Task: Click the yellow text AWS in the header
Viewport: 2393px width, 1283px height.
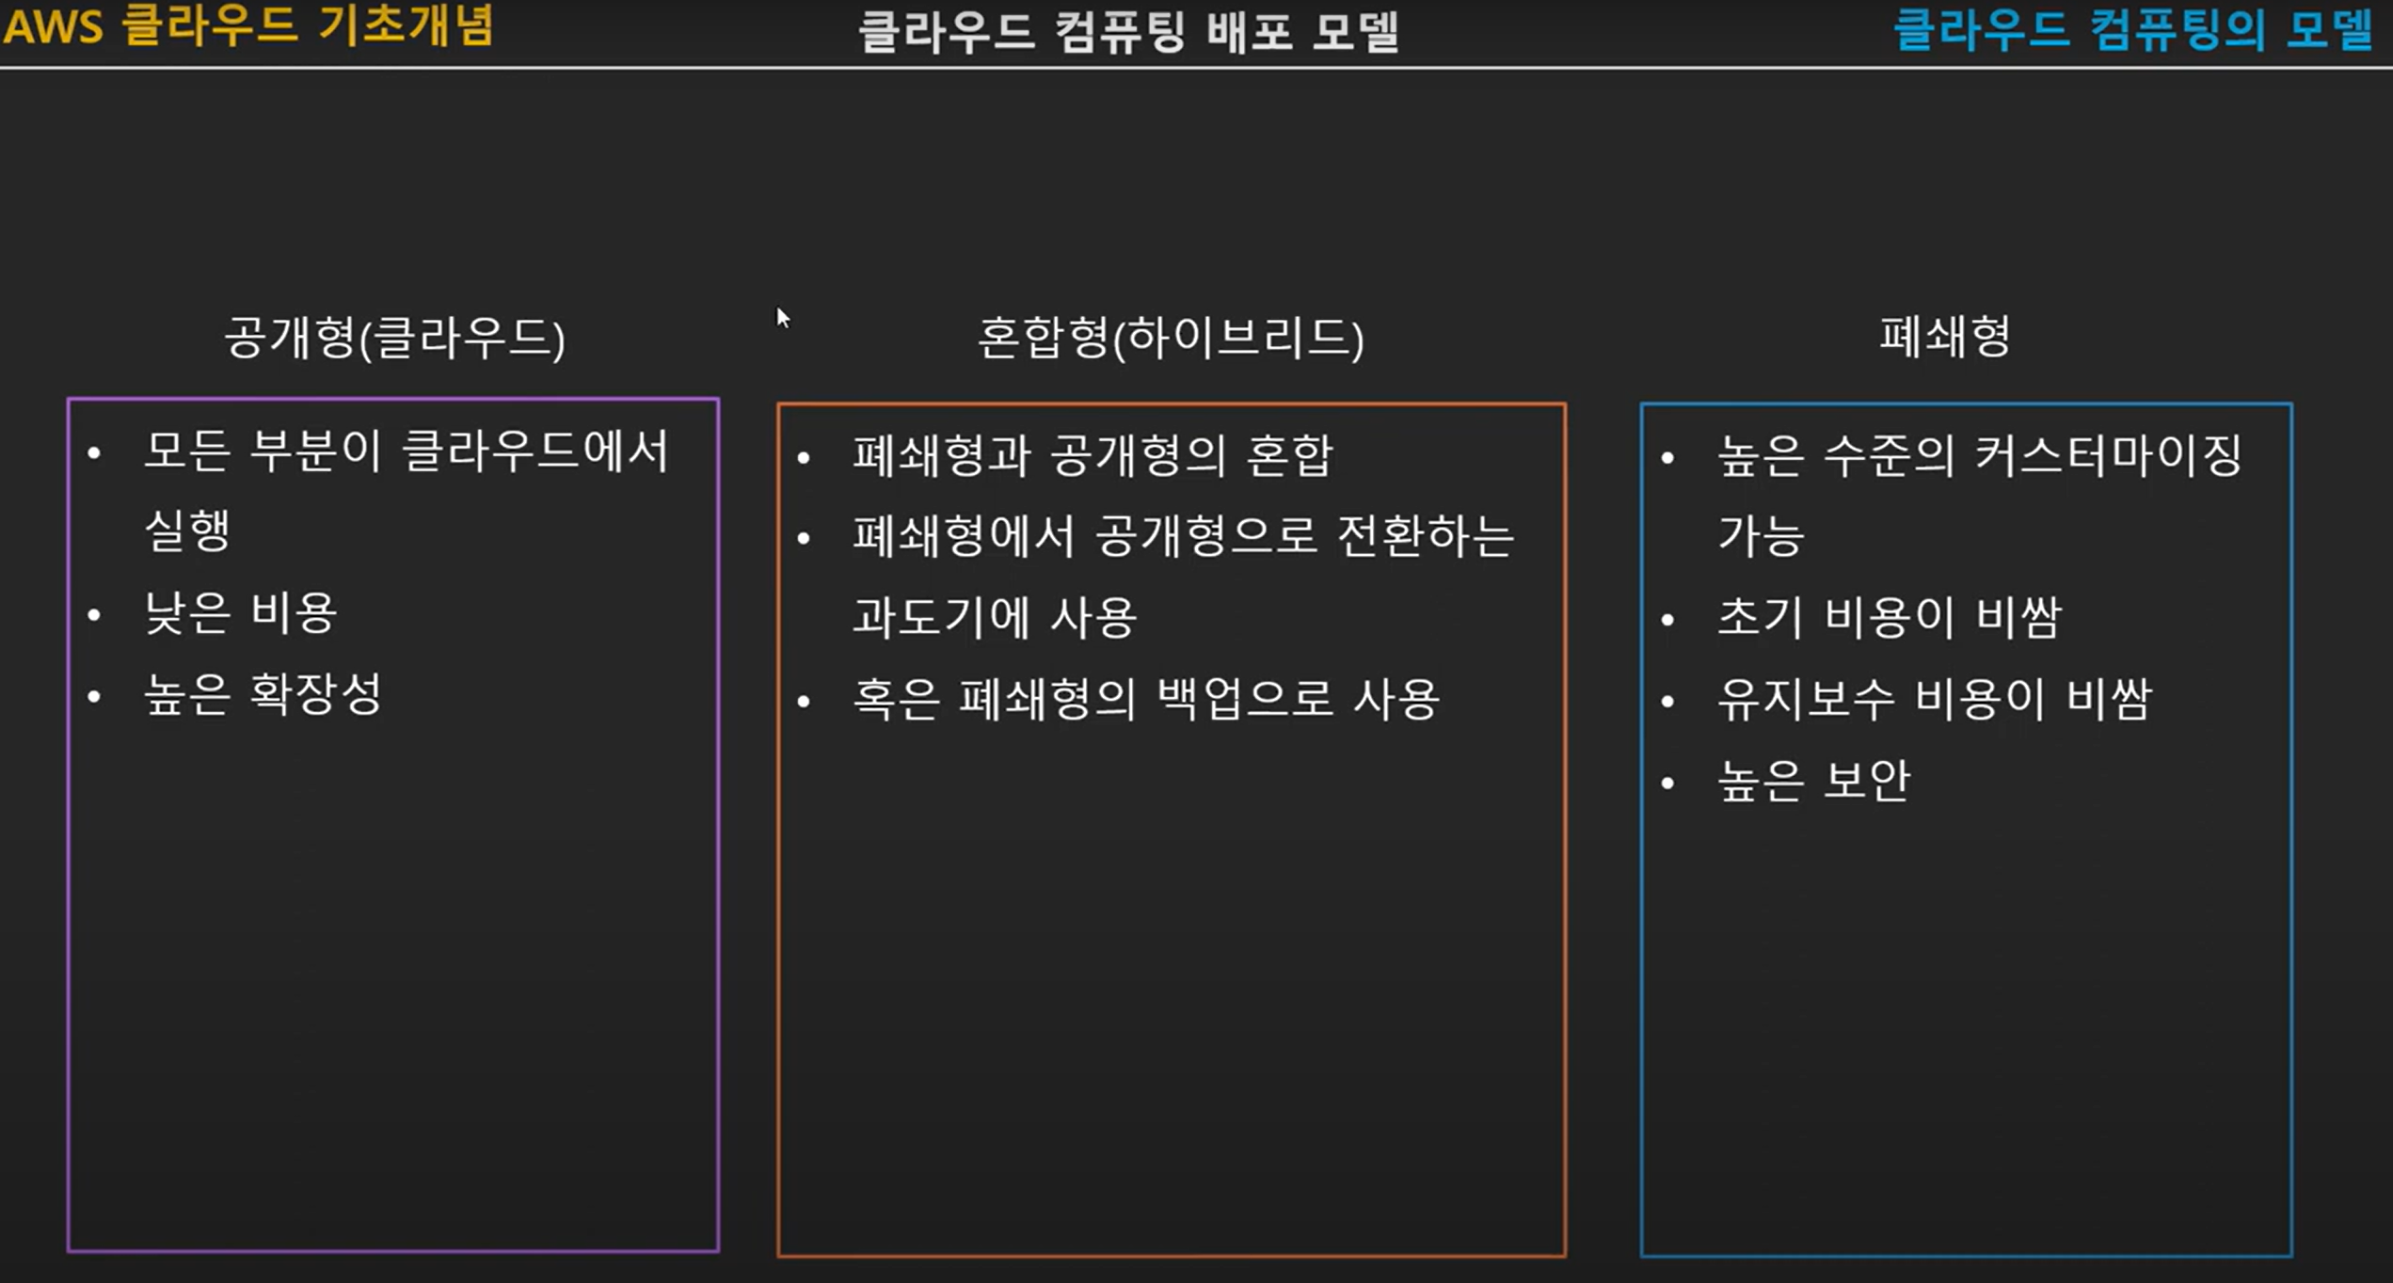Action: [54, 26]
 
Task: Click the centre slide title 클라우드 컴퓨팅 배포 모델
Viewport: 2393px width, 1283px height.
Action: [1128, 31]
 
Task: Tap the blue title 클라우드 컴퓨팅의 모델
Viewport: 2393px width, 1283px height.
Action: [2132, 29]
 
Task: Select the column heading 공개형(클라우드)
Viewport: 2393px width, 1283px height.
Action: [394, 338]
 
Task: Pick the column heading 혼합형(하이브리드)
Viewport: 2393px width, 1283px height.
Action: [1171, 338]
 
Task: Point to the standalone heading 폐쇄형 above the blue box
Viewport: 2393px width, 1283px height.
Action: [1944, 336]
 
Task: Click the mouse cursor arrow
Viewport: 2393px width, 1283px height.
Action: [782, 317]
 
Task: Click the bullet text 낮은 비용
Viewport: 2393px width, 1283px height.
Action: [241, 614]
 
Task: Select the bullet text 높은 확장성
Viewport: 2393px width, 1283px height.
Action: [263, 695]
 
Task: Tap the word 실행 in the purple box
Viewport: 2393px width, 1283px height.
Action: [187, 531]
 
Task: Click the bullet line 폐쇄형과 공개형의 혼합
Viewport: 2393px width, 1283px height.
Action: [1093, 456]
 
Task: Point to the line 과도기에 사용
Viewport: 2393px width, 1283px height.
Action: [995, 618]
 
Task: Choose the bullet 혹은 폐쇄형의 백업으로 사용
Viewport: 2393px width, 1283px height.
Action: [1145, 699]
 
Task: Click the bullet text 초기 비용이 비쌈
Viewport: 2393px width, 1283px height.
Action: [1890, 618]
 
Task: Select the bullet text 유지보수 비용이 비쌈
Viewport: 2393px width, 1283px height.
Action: [1935, 699]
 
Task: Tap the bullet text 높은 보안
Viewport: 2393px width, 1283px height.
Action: [1814, 781]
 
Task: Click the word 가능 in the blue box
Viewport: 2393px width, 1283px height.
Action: [1761, 536]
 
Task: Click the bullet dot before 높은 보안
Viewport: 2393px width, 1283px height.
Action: [1668, 783]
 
